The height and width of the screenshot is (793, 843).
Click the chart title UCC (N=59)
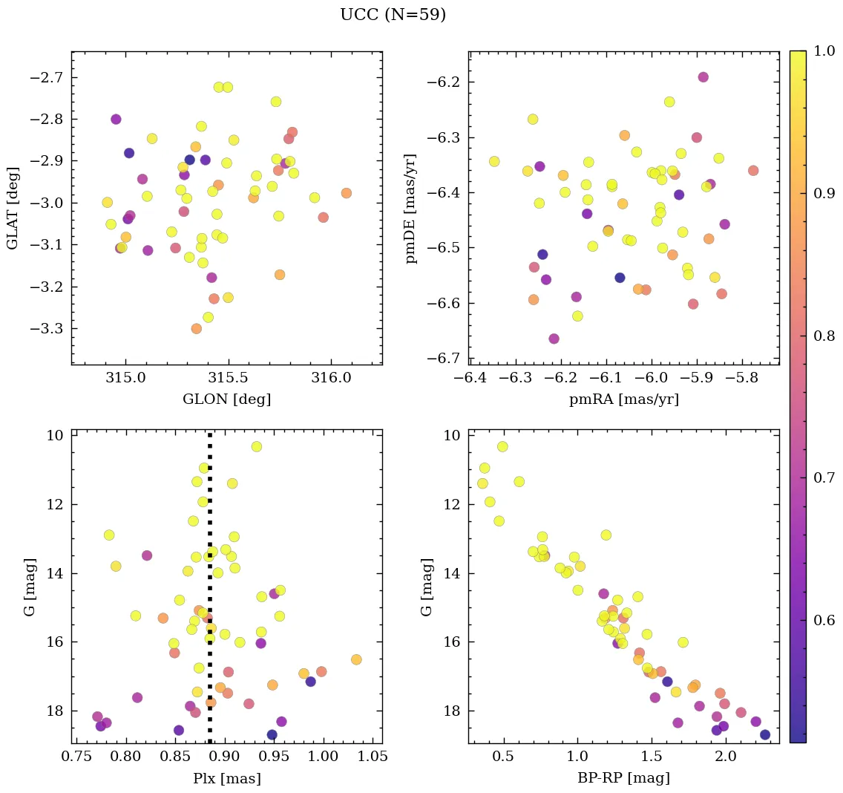click(393, 15)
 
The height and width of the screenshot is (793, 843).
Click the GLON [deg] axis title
click(226, 399)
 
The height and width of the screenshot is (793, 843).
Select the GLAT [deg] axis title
click(13, 208)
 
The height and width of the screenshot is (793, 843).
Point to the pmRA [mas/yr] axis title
click(623, 399)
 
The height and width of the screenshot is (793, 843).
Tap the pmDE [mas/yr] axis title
click(410, 208)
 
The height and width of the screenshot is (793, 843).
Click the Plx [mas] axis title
click(226, 779)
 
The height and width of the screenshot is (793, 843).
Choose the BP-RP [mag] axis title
click(623, 779)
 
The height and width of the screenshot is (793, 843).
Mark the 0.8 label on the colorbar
click(822, 336)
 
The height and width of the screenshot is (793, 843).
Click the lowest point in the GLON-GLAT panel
click(196, 328)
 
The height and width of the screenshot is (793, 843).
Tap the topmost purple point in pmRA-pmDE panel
click(703, 77)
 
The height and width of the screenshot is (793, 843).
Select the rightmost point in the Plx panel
click(356, 659)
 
